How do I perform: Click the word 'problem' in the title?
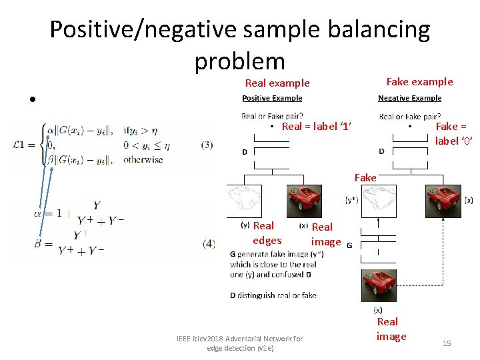click(240, 61)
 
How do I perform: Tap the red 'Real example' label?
click(277, 83)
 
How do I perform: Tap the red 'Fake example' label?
click(419, 81)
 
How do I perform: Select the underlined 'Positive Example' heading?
click(272, 98)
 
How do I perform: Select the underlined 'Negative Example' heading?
click(409, 98)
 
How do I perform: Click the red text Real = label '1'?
click(317, 127)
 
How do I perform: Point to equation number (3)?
click(207, 145)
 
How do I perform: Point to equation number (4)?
click(207, 244)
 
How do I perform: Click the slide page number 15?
click(447, 343)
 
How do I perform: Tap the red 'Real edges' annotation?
click(266, 233)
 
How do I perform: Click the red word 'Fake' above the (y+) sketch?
click(365, 177)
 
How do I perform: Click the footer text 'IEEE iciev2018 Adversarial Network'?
click(239, 339)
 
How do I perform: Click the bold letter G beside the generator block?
click(349, 245)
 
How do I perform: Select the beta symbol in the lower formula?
click(39, 244)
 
